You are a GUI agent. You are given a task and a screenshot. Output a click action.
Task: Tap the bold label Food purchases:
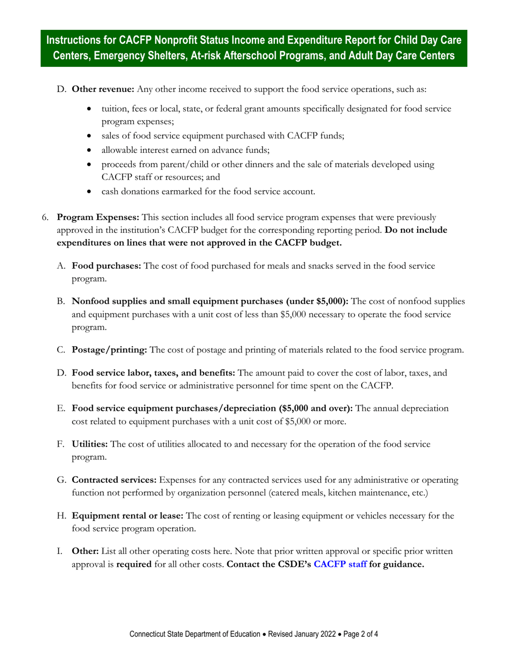(106, 266)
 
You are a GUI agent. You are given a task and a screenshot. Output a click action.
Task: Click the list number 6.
(45, 217)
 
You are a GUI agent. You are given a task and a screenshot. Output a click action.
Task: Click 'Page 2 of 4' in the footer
(360, 635)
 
